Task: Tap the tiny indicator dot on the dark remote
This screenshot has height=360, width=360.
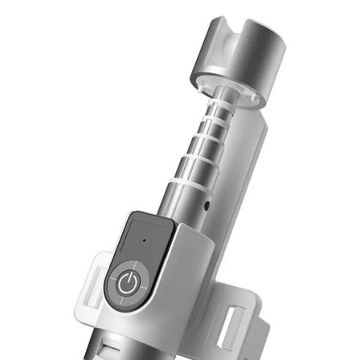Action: pyautogui.click(x=144, y=239)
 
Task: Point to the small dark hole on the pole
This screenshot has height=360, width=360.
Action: pyautogui.click(x=207, y=207)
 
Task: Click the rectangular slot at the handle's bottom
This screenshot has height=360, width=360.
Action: pyautogui.click(x=113, y=346)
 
